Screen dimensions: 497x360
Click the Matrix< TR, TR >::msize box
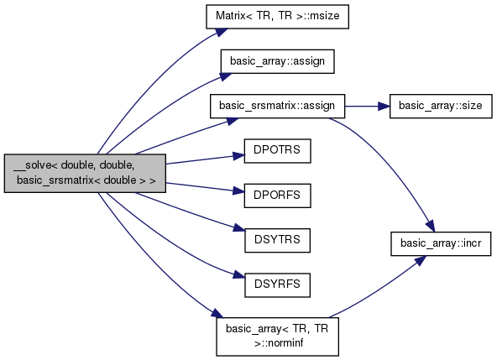point(277,17)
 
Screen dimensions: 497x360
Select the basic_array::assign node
point(277,61)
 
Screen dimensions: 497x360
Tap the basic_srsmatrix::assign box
point(277,106)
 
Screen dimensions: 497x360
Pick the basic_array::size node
point(441,106)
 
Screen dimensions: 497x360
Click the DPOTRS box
point(277,151)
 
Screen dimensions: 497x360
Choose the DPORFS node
point(277,196)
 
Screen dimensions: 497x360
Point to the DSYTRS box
point(277,240)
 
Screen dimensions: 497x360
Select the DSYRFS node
point(277,284)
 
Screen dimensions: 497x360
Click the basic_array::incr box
point(441,243)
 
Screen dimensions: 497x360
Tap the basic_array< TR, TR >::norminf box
point(277,337)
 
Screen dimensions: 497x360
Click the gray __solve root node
point(85,173)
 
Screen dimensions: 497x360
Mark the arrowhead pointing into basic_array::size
point(384,107)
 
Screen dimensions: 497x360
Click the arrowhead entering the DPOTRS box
point(239,155)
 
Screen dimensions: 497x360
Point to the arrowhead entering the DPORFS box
point(239,190)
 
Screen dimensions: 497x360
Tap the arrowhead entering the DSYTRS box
point(239,228)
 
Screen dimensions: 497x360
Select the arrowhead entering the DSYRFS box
point(239,274)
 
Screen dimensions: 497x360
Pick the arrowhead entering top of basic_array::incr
point(431,227)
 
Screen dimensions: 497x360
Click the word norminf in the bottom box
point(279,343)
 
